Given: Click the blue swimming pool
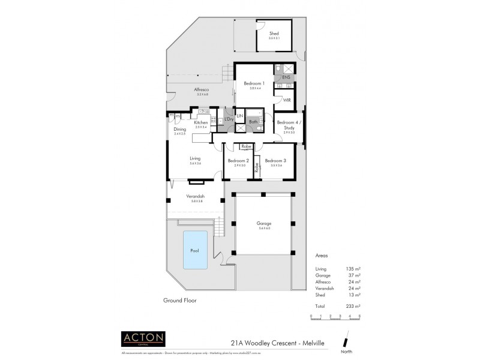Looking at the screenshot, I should point(193,249).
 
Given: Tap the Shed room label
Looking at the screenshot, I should point(274,34).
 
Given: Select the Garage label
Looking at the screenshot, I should point(264,224).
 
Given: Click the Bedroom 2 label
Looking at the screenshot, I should point(238,161).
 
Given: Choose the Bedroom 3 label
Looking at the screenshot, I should point(275,161).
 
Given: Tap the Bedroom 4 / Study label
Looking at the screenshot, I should point(289,126).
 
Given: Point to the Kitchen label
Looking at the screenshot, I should point(200,122).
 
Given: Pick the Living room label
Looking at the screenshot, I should point(195,158).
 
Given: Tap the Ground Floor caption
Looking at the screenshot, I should point(179,299).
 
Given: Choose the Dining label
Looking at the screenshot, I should point(180,129).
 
